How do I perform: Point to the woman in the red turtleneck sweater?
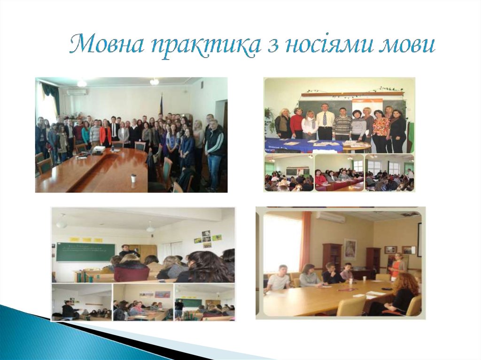point(296,123)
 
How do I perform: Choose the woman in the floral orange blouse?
point(381,128)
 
